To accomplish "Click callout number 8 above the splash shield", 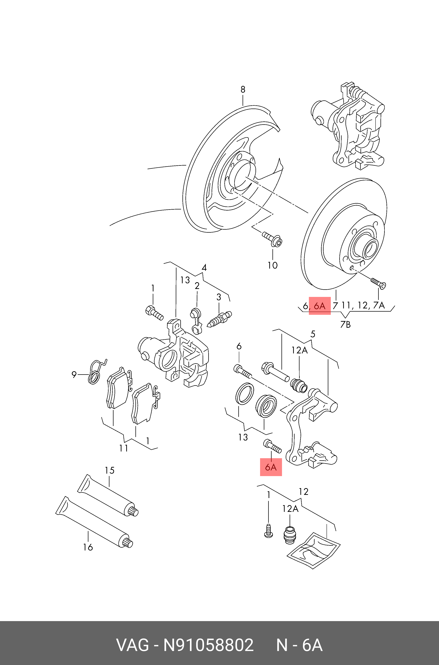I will tap(243, 89).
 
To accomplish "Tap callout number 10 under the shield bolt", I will tap(272, 265).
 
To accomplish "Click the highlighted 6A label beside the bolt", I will tap(271, 467).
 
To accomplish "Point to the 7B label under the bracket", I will tap(345, 324).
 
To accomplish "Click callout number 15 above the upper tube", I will tap(109, 470).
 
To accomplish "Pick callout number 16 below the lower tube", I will tap(88, 547).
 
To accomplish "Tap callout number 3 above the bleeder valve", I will tap(219, 297).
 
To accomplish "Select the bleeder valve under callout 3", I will tap(220, 319).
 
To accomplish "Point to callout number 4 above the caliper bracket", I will tap(204, 268).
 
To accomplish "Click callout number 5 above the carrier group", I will tap(313, 334).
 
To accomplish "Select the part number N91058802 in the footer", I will tap(208, 645).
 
